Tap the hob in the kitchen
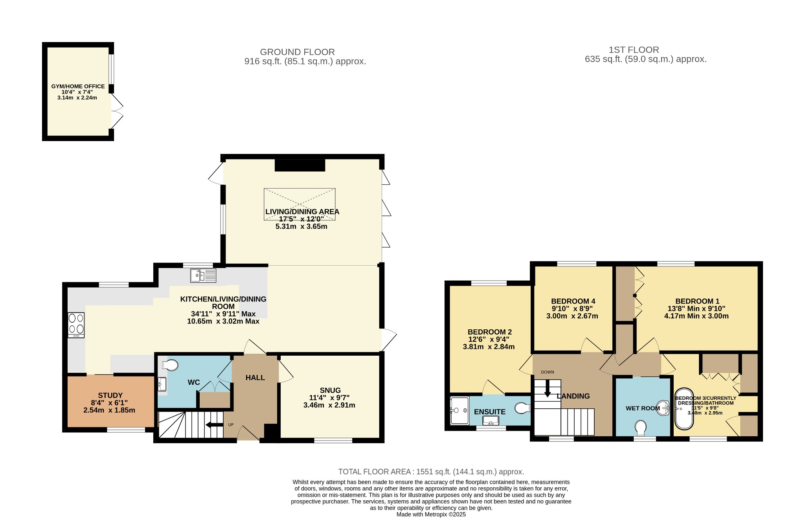(76, 325)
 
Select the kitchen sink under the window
(203, 276)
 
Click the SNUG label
(330, 390)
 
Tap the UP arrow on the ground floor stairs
(214, 424)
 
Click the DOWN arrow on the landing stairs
(547, 389)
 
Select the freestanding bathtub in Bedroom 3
(684, 409)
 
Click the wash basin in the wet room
(664, 408)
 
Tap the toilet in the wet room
(641, 428)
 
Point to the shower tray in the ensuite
(459, 411)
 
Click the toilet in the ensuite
(523, 408)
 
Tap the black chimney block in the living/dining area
(300, 165)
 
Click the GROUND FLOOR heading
(298, 52)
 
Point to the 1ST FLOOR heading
(634, 50)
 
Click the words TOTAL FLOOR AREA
(374, 472)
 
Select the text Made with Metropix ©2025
(431, 514)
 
